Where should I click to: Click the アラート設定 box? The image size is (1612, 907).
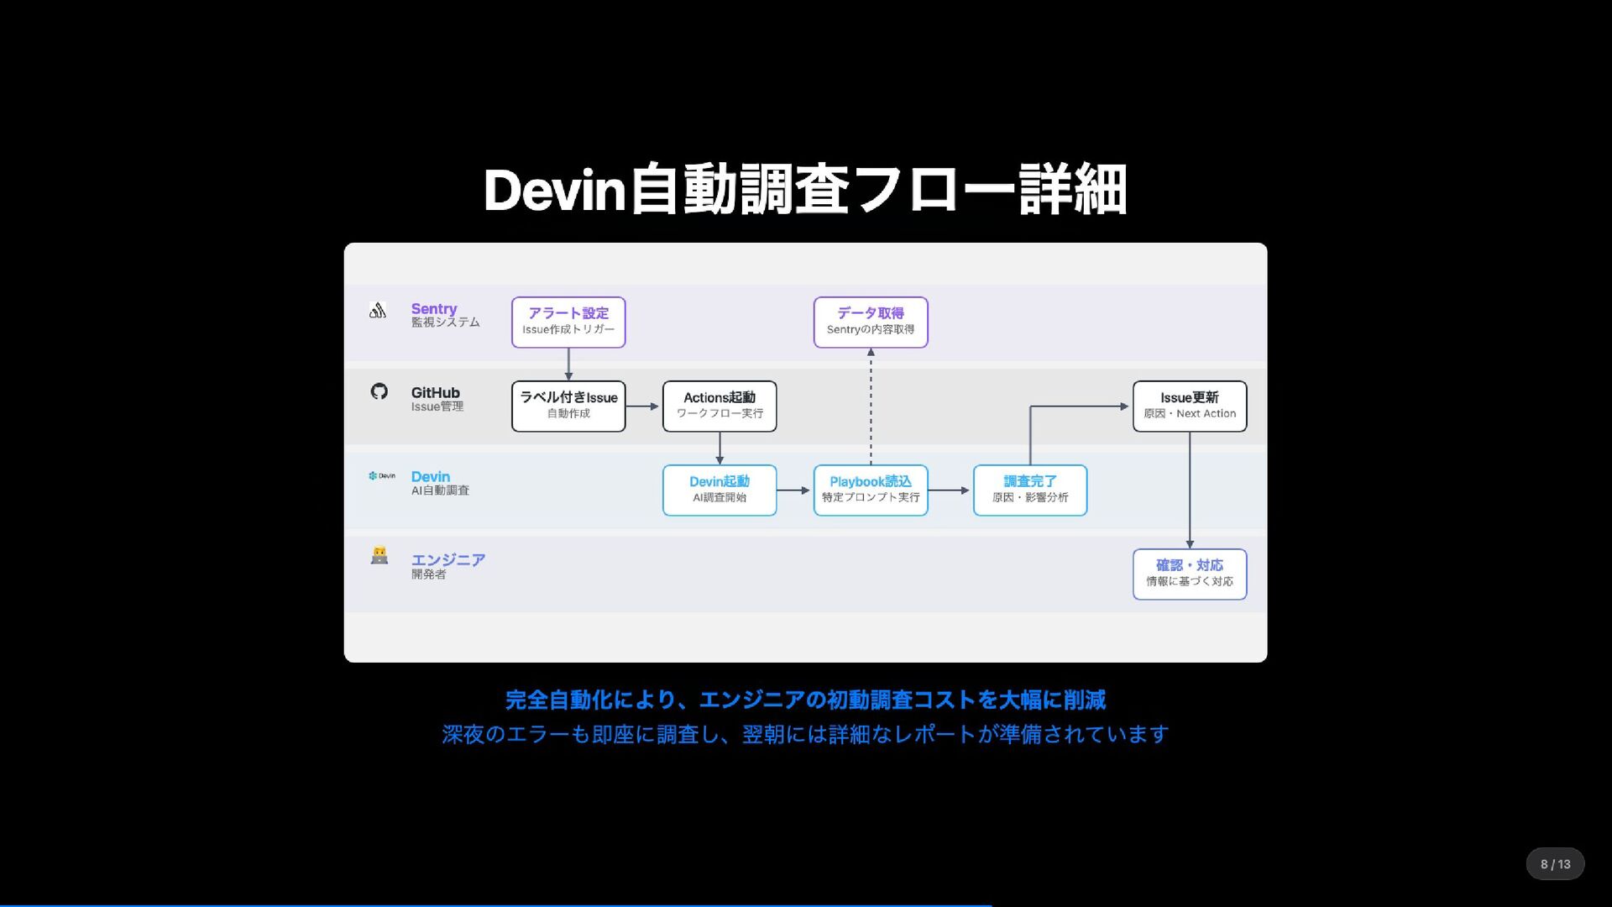568,322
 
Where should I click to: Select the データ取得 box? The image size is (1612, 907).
871,322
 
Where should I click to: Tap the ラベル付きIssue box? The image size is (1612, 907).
568,406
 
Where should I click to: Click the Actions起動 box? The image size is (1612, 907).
720,406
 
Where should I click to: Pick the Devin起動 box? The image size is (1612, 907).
720,490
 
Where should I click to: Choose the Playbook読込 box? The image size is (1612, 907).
871,490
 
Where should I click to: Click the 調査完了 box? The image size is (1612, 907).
1030,490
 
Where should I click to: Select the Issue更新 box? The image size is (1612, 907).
1190,406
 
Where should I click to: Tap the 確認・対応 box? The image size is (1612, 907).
1190,574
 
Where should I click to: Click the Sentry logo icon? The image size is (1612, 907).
378,311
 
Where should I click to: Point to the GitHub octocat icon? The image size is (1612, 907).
379,391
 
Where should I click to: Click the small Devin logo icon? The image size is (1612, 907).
381,475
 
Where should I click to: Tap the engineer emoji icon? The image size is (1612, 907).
379,556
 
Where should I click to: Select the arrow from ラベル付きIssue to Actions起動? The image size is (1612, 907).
643,406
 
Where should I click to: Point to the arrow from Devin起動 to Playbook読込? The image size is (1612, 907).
794,490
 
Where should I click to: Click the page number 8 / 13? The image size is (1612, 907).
1555,864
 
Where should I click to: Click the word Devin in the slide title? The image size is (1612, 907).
555,191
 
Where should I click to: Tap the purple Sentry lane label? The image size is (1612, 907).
434,309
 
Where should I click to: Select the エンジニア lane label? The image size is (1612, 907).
448,560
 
